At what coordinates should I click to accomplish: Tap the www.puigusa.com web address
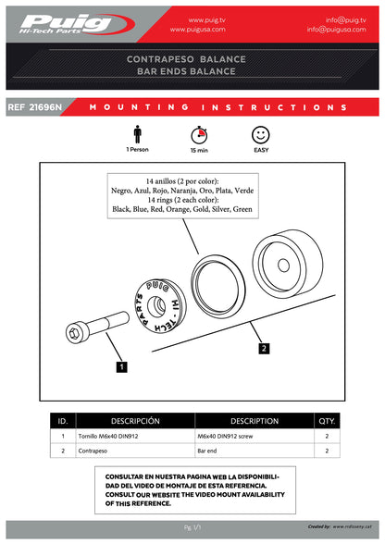pyautogui.click(x=209, y=29)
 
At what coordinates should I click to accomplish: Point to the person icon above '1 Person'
pyautogui.click(x=137, y=133)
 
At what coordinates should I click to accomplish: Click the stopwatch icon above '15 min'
pyautogui.click(x=198, y=134)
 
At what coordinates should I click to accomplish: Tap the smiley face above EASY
pyautogui.click(x=260, y=134)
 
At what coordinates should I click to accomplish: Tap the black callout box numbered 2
pyautogui.click(x=264, y=349)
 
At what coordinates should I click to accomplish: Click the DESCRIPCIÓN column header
pyautogui.click(x=135, y=419)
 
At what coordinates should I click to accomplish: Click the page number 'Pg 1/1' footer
pyautogui.click(x=192, y=526)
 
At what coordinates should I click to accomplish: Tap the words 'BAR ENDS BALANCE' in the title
pyautogui.click(x=192, y=70)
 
